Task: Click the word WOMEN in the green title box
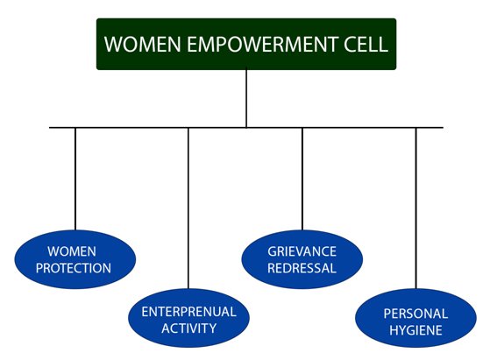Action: tap(143, 45)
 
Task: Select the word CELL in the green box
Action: tap(366, 45)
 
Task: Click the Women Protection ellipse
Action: tap(75, 259)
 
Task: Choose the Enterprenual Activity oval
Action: tap(188, 318)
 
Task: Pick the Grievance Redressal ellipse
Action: tap(302, 259)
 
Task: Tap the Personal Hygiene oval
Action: tap(416, 318)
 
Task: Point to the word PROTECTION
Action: tap(74, 268)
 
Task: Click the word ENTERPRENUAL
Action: tap(188, 312)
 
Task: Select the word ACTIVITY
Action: tap(188, 328)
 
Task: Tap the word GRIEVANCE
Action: tap(302, 251)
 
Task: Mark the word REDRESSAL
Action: tap(302, 268)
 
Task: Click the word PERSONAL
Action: tap(415, 314)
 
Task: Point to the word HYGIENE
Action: tap(415, 330)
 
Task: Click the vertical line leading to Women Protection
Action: tap(75, 179)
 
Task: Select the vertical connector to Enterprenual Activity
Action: tap(188, 208)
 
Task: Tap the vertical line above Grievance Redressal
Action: tap(302, 179)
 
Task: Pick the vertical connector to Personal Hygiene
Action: tap(416, 208)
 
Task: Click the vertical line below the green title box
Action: tap(246, 98)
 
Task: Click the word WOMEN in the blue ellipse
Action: tap(72, 251)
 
